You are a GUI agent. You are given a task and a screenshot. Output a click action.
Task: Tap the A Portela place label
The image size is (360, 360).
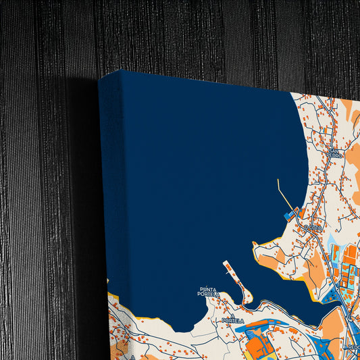pyautogui.click(x=232, y=320)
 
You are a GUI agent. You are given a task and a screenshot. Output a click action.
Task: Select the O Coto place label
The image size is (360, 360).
pyautogui.click(x=312, y=228)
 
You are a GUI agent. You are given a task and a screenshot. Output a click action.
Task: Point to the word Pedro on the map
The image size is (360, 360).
pyautogui.click(x=334, y=155)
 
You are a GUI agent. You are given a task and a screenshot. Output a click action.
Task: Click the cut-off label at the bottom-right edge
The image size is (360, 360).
pyautogui.click(x=353, y=346)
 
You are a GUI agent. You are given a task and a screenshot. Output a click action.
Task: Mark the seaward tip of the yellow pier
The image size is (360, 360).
pyautogui.click(x=277, y=180)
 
